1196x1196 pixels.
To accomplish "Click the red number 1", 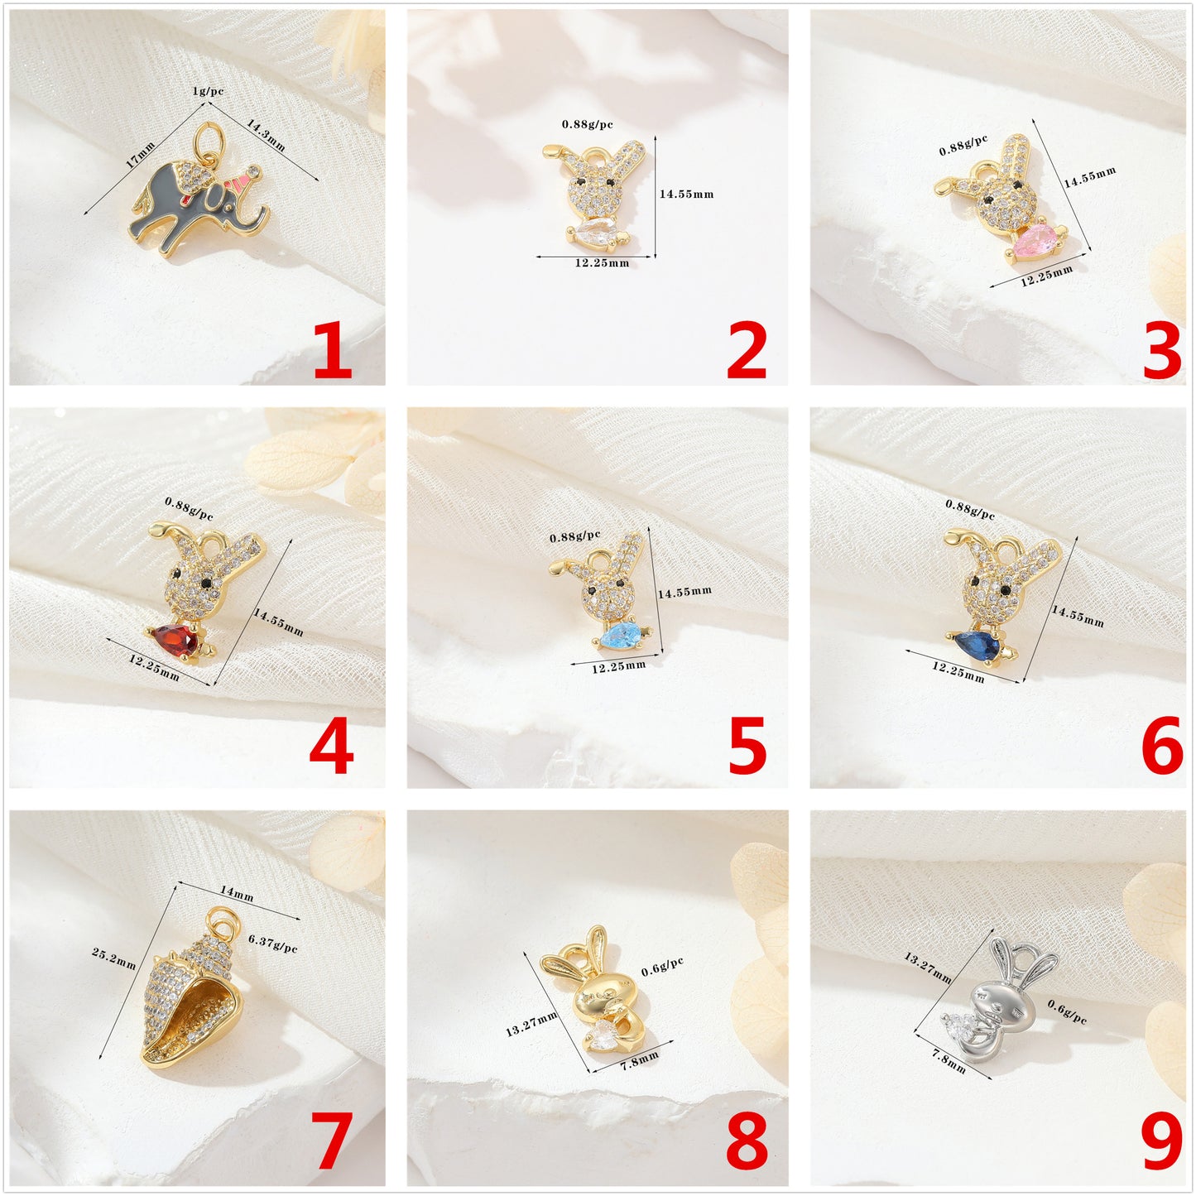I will tap(333, 351).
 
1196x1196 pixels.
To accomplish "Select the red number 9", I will tap(1161, 1142).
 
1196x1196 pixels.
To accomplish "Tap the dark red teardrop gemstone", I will tap(175, 640).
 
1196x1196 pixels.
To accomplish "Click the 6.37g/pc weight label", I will tap(272, 943).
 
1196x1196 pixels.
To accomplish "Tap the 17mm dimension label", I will tap(140, 155).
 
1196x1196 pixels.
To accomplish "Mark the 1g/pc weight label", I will tap(208, 91).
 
